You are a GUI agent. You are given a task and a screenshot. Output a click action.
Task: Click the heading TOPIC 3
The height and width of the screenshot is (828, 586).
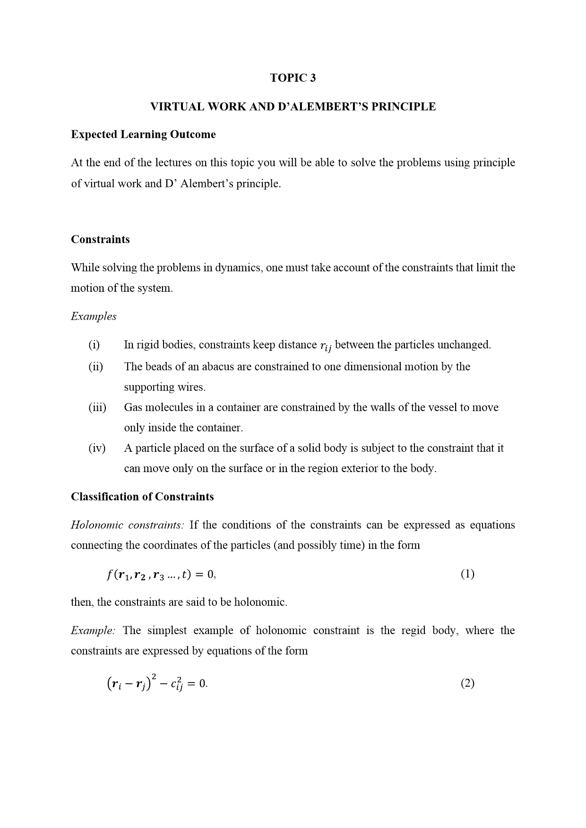click(x=293, y=78)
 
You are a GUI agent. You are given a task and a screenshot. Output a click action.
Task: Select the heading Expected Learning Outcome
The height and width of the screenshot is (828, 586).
click(x=143, y=135)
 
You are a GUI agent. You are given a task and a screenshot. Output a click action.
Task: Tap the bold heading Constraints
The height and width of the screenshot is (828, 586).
click(x=100, y=239)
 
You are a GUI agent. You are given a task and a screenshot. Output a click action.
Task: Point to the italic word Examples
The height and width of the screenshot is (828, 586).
click(x=94, y=316)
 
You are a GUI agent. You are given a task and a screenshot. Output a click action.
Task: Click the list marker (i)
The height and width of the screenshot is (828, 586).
click(x=94, y=345)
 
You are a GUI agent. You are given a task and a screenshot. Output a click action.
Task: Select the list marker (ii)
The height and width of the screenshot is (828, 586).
click(x=95, y=367)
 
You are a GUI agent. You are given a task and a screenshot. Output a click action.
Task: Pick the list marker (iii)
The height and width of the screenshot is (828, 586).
click(x=97, y=407)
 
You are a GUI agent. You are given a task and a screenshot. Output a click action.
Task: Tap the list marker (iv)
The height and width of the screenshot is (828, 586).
click(x=97, y=448)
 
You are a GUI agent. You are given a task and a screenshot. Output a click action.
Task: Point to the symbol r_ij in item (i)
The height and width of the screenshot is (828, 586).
click(x=326, y=346)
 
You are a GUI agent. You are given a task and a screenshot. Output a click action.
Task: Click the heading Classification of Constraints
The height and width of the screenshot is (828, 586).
click(x=142, y=497)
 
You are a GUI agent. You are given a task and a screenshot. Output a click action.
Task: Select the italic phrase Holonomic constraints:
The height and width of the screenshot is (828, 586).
click(x=127, y=525)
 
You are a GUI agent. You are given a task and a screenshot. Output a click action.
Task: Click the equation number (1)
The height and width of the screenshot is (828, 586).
click(x=467, y=574)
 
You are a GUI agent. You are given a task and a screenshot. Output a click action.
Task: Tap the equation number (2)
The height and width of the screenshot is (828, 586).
click(x=467, y=684)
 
